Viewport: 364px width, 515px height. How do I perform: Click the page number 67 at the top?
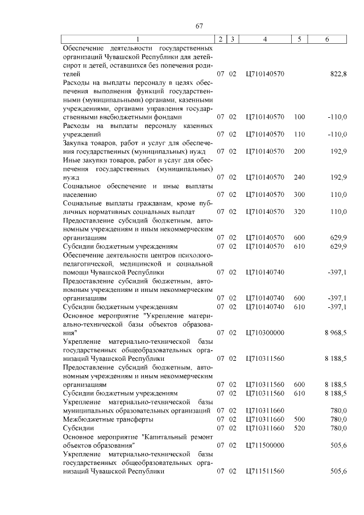(199, 26)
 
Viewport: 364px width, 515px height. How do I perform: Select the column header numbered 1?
(138, 39)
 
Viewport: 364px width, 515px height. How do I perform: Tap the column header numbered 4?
(265, 39)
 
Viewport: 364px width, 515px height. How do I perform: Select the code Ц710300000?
(264, 332)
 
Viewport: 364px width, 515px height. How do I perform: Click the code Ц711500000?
(264, 446)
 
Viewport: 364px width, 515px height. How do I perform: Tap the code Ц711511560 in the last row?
(264, 472)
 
